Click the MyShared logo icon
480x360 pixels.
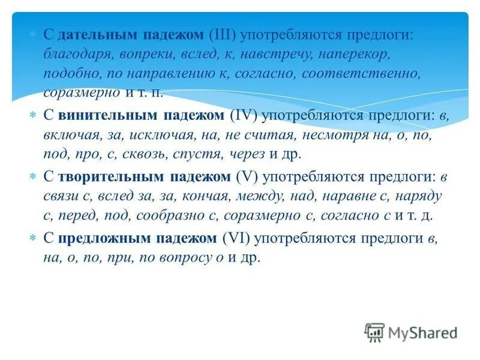pos(374,331)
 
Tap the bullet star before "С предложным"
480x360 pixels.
pos(34,238)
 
